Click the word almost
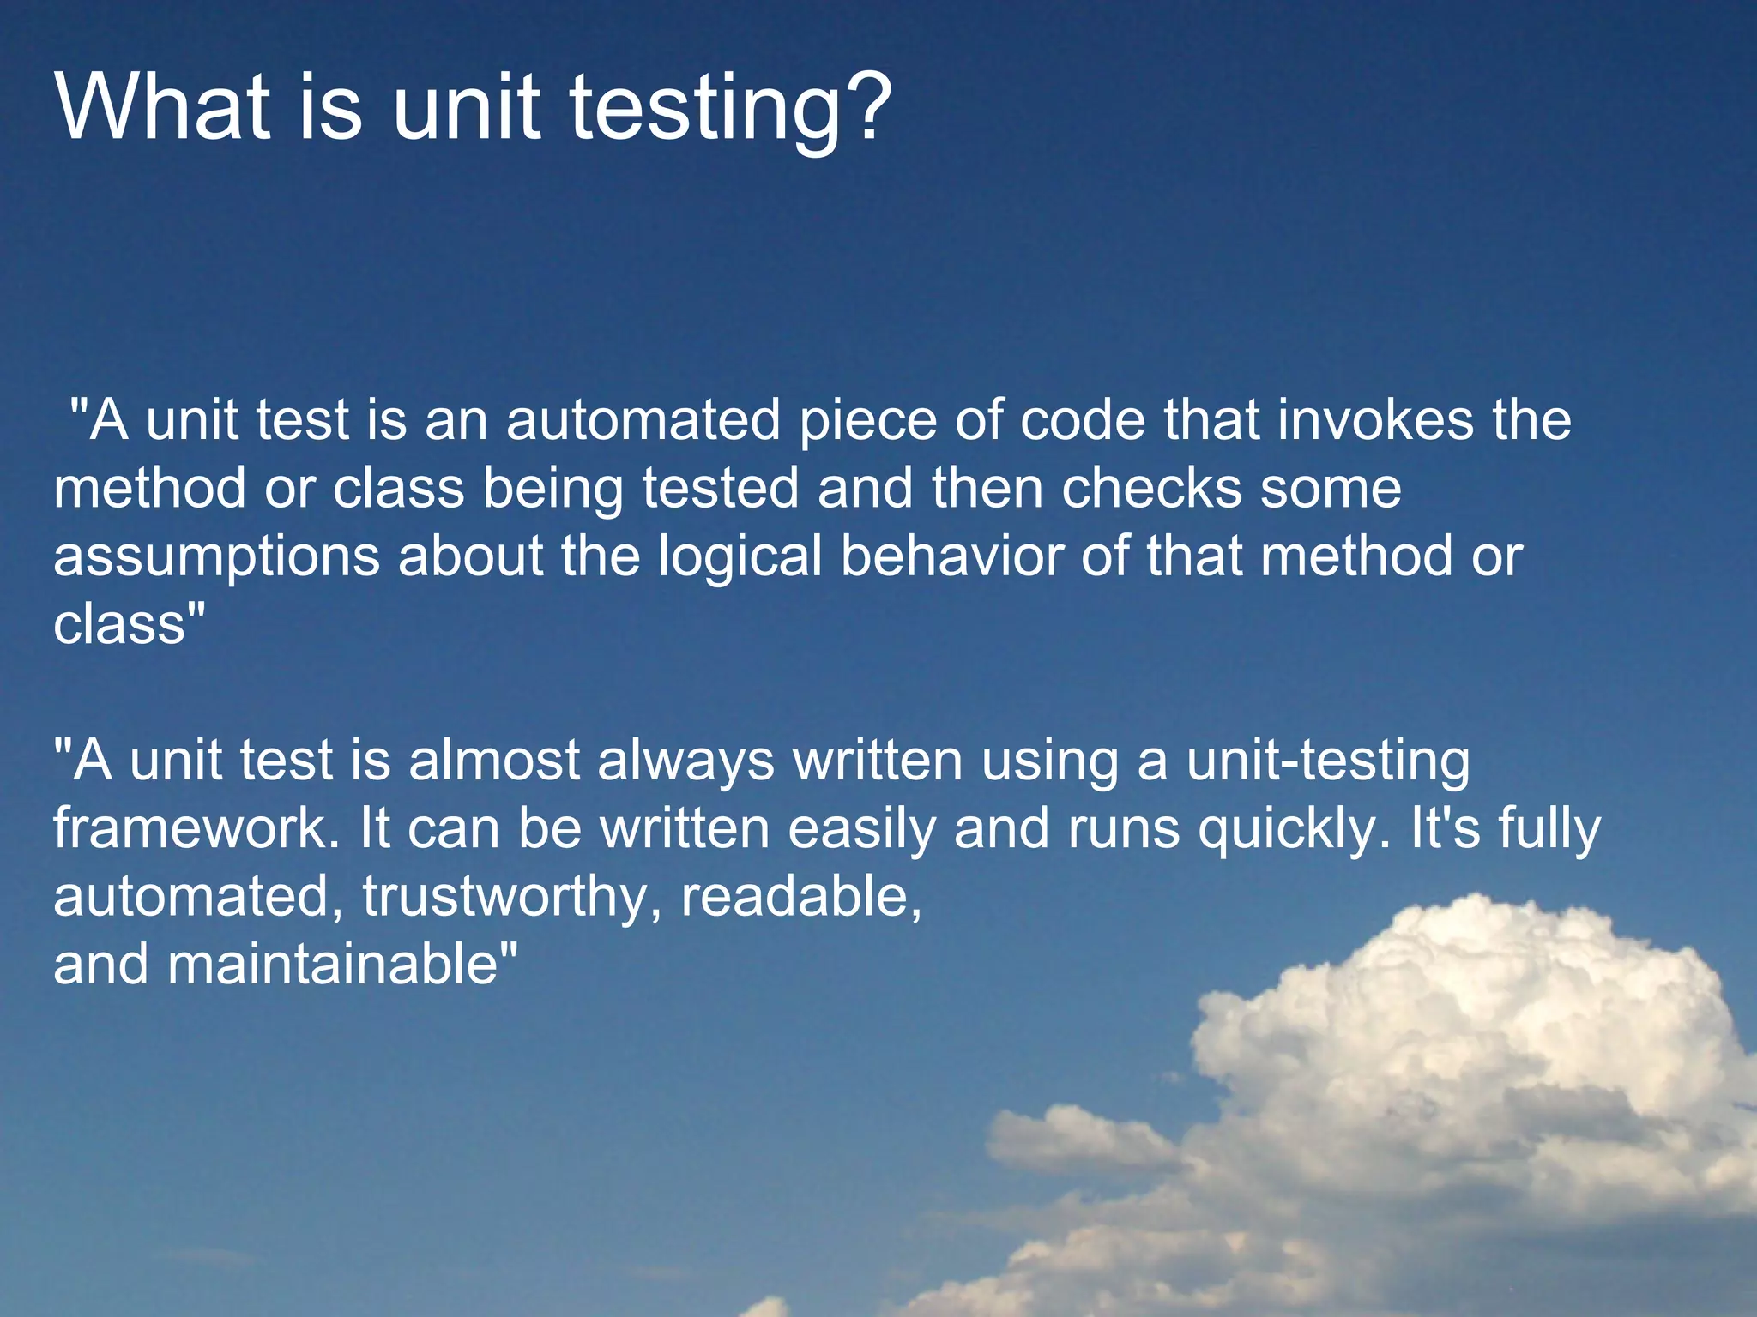[494, 761]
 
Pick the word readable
[801, 897]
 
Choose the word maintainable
[333, 965]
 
